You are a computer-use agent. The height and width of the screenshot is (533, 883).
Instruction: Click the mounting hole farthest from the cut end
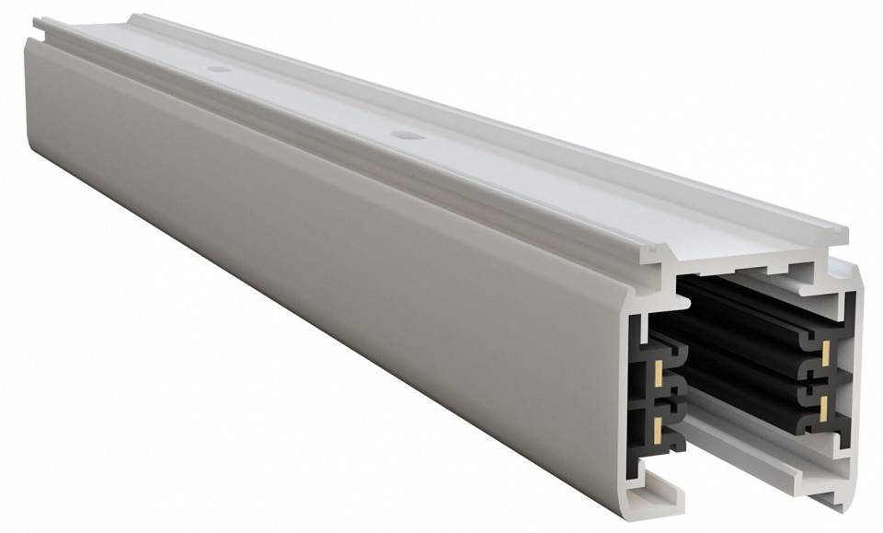coord(218,69)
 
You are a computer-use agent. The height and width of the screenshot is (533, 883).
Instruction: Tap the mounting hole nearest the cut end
coord(406,135)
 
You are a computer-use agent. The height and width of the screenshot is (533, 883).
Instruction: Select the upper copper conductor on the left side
coord(659,373)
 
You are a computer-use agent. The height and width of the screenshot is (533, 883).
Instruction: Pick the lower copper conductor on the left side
coord(659,425)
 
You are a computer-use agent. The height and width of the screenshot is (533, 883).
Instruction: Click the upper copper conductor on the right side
coord(825,352)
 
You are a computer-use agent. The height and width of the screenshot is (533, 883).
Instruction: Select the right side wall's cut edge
coord(855,387)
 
